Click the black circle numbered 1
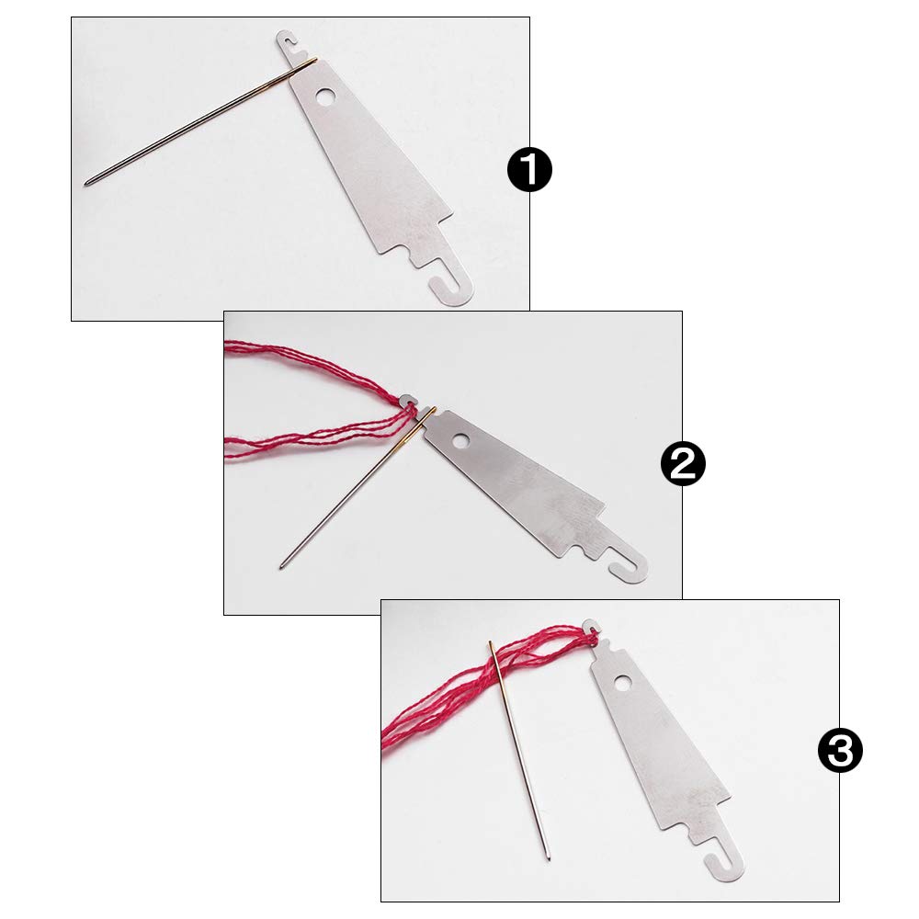click(529, 170)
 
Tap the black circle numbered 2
click(683, 463)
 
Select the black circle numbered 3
click(840, 750)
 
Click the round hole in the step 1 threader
click(324, 96)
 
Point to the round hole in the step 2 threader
click(461, 440)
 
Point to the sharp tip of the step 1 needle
click(86, 185)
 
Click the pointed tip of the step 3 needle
click(549, 859)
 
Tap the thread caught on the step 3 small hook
click(592, 633)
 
